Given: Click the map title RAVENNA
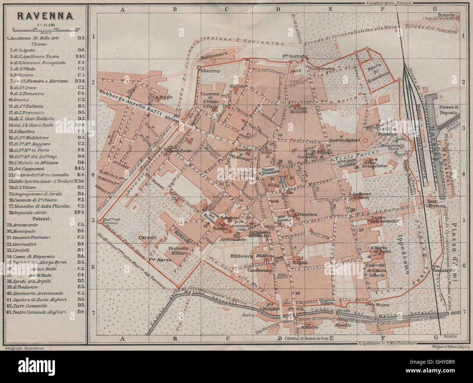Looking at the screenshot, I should click(x=43, y=16).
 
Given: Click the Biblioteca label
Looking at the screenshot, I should click(x=241, y=256).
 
